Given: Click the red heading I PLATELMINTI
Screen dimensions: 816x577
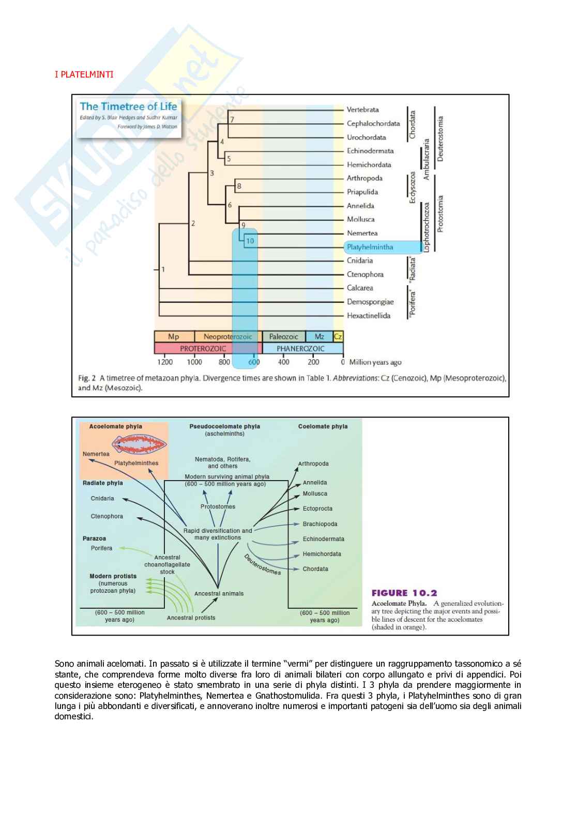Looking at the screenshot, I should click(84, 74).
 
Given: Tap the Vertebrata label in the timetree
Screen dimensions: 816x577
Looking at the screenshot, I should click(362, 110).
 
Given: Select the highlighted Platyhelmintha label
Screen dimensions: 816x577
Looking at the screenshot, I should click(370, 247).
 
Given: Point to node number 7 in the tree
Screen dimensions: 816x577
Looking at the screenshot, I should click(232, 120).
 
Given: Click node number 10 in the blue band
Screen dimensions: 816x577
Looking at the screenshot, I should click(250, 241).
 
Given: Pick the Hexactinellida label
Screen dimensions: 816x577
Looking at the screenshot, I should click(368, 316).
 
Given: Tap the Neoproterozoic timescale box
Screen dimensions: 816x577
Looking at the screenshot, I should click(227, 336).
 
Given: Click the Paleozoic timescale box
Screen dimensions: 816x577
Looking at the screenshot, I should click(283, 336).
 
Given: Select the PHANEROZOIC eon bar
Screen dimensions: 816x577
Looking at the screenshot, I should click(300, 348).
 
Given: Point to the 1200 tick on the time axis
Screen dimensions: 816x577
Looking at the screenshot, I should click(164, 362).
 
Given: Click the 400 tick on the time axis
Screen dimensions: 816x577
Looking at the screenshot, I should click(283, 362).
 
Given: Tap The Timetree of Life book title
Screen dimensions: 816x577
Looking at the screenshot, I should click(128, 106).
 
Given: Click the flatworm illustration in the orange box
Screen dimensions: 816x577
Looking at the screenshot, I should click(139, 443).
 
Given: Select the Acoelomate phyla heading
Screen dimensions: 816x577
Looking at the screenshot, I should click(115, 426).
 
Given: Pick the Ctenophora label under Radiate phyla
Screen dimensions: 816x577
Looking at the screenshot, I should click(107, 516).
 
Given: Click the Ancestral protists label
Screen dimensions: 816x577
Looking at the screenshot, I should click(191, 618).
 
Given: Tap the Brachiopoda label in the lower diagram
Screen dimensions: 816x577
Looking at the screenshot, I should click(320, 524).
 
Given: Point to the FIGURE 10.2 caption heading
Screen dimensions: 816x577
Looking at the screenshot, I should click(404, 593).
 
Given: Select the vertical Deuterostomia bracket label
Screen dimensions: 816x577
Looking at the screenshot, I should click(440, 138).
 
